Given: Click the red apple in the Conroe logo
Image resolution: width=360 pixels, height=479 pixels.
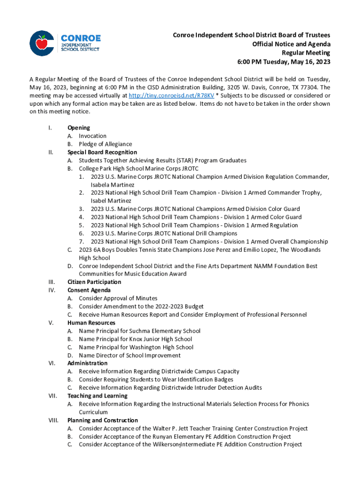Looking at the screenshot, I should click(42, 43).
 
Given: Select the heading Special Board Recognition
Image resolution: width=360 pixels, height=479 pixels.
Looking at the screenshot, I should click(102, 152).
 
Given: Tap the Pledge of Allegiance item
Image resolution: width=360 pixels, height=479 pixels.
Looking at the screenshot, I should click(105, 144).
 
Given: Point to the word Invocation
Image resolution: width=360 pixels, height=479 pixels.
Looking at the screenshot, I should click(93, 136).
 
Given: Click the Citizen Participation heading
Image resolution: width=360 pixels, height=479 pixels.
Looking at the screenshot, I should click(94, 282).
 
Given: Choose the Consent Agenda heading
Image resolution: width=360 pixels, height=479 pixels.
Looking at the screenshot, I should click(89, 290).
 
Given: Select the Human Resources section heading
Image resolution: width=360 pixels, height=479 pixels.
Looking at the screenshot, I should click(92, 323).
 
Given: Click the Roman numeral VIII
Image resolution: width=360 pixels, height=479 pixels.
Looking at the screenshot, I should click(53, 421).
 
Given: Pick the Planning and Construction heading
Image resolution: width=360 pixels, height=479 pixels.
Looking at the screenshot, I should click(102, 421).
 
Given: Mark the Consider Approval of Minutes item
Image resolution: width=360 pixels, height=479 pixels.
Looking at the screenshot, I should click(118, 298).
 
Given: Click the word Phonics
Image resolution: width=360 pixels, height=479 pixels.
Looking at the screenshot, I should click(299, 404).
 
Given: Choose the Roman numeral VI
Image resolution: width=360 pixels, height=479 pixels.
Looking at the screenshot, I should click(52, 363).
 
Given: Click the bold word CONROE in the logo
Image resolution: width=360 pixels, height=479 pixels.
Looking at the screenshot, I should click(80, 38).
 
